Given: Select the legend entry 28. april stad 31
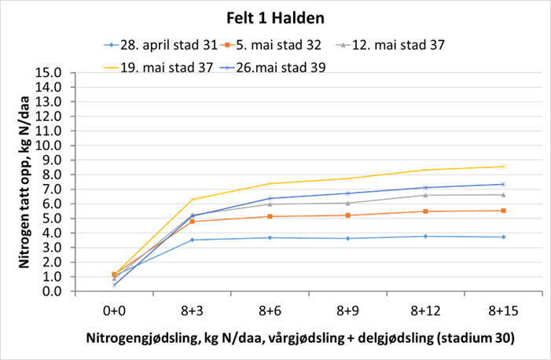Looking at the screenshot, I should coord(162,45).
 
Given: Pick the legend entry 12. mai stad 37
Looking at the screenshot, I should coord(391,45).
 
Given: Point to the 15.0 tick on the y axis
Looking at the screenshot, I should coord(49,72).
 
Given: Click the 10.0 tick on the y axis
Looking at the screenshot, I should coord(49,145).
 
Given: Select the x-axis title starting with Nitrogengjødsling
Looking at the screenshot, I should coord(300,338).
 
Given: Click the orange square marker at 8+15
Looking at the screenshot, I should coord(503,211).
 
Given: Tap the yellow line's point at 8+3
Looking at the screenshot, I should coord(192,200).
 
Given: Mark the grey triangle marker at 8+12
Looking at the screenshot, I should coord(425,195).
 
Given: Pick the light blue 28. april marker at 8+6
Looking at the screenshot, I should coord(270,237).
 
